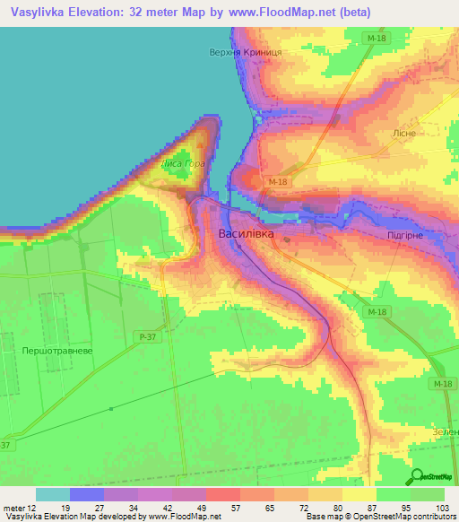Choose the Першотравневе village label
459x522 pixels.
point(48,352)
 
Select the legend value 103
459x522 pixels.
point(440,507)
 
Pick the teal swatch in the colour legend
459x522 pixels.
point(53,494)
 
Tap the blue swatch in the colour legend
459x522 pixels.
point(87,494)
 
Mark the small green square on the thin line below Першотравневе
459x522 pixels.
point(111,409)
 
